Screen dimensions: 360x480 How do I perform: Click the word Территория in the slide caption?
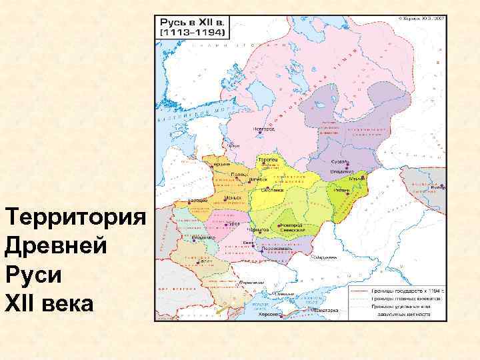(x=75, y=218)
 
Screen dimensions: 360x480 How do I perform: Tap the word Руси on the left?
(x=31, y=275)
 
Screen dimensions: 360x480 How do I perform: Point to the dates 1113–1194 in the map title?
(x=193, y=32)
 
